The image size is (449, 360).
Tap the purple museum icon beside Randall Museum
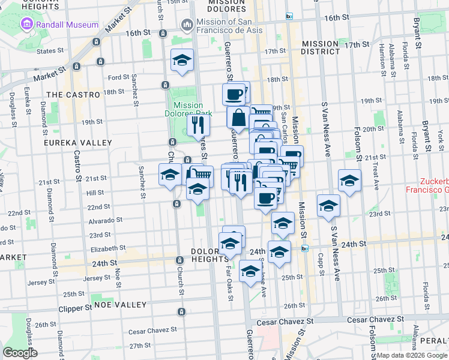point(26,25)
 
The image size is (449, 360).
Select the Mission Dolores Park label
point(188,109)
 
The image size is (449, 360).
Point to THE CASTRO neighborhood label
point(73,95)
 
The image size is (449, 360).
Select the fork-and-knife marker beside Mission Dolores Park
point(198,125)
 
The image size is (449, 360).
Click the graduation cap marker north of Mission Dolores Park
point(182,60)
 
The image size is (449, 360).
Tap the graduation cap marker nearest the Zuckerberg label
point(349,179)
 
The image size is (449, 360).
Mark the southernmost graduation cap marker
point(250,271)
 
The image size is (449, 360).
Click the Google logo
point(20,353)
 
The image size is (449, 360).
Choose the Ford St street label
point(119,77)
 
